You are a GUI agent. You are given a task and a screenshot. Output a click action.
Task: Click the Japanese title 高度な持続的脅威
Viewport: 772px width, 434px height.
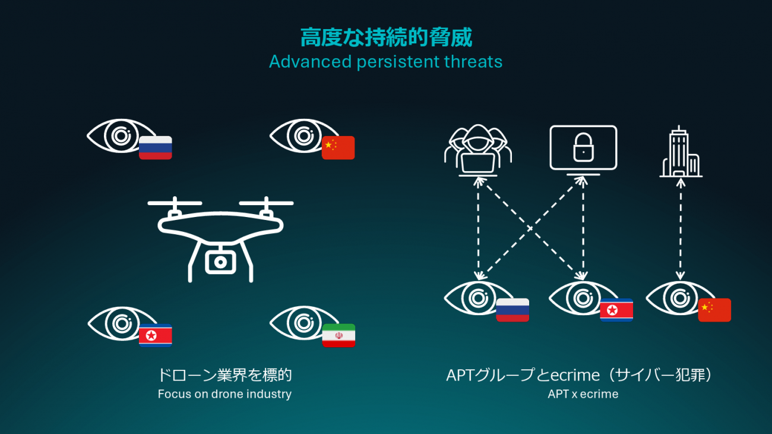386,37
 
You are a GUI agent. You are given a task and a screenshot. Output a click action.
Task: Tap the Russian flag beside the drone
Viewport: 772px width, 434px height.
156,147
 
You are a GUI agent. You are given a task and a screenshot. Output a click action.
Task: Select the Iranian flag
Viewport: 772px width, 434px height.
338,335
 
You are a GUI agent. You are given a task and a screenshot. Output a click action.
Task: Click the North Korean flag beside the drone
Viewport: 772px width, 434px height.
156,335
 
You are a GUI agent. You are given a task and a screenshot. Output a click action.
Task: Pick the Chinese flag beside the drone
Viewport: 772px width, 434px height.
338,147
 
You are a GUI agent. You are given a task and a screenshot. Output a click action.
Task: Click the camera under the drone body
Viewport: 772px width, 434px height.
220,262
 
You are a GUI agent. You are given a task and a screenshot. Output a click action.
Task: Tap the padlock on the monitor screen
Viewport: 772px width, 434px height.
583,147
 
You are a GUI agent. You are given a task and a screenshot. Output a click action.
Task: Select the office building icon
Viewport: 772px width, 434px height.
681,152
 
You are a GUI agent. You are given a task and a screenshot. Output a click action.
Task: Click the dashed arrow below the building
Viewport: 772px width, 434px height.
681,229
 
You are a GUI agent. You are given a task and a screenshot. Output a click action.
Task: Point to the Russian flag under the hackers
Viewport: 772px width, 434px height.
512,310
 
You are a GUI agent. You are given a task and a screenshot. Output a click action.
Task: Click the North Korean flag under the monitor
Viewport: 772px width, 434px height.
616,310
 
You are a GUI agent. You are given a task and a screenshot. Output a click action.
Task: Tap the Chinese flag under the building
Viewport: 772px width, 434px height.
714,310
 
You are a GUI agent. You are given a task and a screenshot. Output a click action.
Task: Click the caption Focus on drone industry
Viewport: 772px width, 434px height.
224,394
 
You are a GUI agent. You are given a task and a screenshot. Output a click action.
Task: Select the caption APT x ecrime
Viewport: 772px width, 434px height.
583,394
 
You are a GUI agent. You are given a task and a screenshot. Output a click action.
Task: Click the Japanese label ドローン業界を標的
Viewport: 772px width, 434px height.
224,375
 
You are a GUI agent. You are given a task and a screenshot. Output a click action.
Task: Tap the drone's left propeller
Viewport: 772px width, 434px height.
175,203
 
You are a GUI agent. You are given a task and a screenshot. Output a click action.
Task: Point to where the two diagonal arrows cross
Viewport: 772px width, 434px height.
530,228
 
